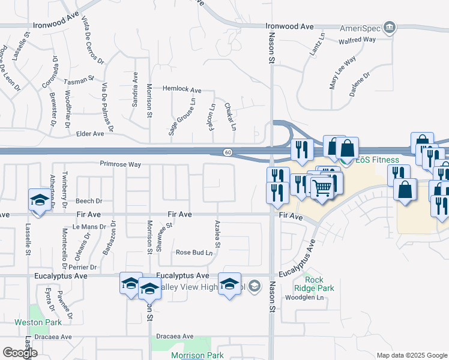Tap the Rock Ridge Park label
(x=319, y=284)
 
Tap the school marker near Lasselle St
(x=39, y=200)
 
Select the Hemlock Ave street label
(x=182, y=89)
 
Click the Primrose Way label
(x=120, y=164)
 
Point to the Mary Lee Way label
(x=343, y=72)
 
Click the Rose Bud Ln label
(x=194, y=253)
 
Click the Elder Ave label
(x=90, y=134)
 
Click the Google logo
(x=20, y=353)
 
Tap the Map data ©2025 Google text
(x=411, y=355)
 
